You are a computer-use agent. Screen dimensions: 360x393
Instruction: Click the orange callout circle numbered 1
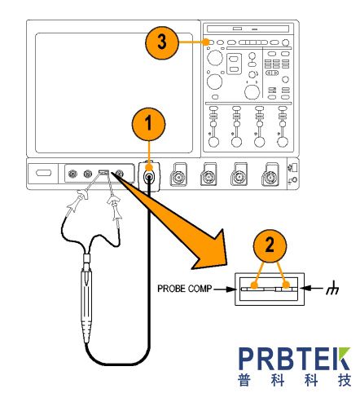point(148,124)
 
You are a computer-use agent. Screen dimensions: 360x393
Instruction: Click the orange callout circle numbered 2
point(270,245)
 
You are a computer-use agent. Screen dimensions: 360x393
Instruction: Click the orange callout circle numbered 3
point(162,42)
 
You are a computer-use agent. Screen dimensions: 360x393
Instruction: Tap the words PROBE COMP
point(184,289)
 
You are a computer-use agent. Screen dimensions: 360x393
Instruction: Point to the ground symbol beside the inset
point(332,289)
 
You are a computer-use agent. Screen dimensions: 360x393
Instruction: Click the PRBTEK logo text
point(294,359)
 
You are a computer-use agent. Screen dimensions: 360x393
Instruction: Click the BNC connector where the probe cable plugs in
point(149,178)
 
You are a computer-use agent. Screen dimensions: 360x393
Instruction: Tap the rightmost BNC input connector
point(270,177)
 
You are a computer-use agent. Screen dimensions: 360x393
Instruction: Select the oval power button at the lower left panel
point(43,173)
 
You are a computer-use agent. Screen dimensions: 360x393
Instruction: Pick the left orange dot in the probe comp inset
point(254,285)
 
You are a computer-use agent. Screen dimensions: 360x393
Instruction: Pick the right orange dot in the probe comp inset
point(286,285)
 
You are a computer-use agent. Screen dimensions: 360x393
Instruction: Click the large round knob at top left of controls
point(215,58)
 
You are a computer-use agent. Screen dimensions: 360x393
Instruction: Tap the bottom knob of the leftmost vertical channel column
point(213,142)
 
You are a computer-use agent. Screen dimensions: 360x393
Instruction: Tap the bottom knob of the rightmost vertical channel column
point(283,142)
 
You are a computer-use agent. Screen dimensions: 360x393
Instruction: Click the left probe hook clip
point(77,201)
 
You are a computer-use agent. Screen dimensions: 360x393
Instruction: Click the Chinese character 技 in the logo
point(345,380)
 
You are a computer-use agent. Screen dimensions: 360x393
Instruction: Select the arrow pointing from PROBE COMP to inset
point(225,289)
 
